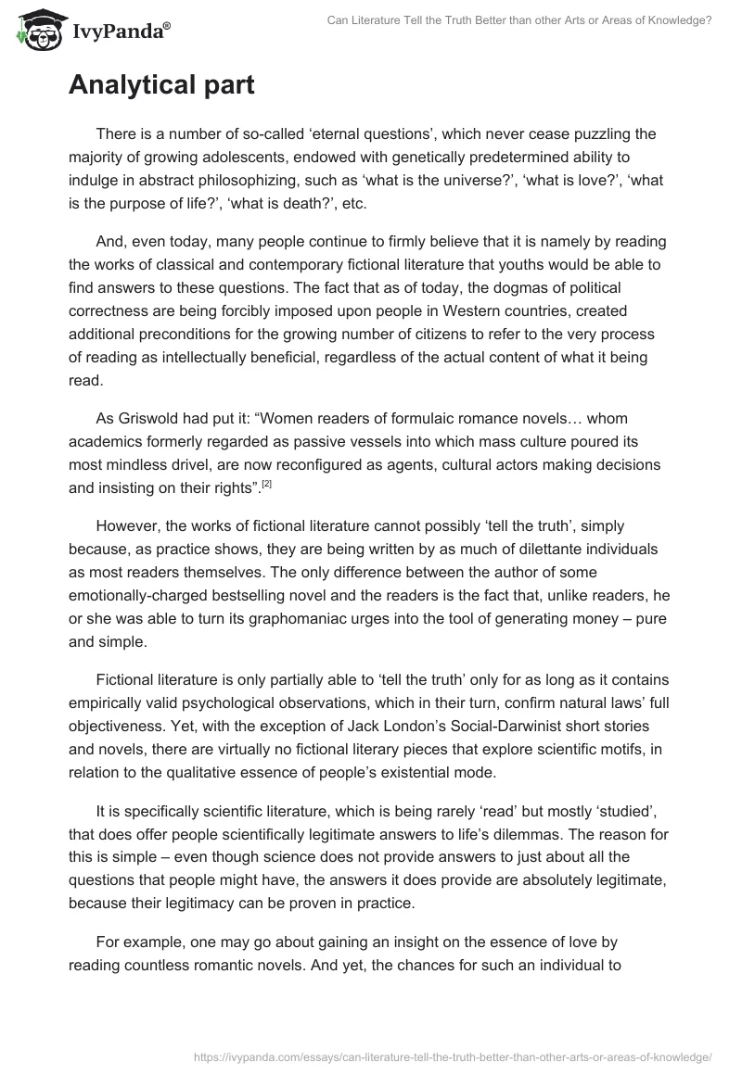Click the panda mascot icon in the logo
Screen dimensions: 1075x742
[34, 32]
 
